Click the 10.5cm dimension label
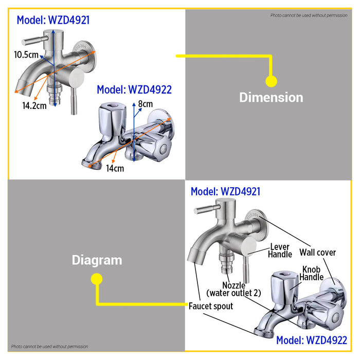tap(26, 55)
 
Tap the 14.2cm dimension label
tap(34, 105)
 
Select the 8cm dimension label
tap(146, 104)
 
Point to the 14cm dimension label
tap(115, 168)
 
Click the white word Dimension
tap(271, 97)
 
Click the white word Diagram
tap(97, 261)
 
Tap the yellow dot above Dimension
tap(271, 81)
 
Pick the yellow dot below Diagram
tap(97, 279)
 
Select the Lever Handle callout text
tap(280, 250)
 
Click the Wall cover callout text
tap(317, 253)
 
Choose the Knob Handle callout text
tap(311, 273)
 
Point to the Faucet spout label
tap(211, 306)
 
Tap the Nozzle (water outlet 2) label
tap(233, 289)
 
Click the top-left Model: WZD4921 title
tap(53, 20)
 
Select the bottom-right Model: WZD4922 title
tap(312, 340)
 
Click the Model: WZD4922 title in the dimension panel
tap(134, 89)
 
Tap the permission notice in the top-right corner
tap(309, 15)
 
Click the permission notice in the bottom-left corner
tap(49, 347)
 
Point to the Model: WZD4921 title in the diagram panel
tap(225, 191)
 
